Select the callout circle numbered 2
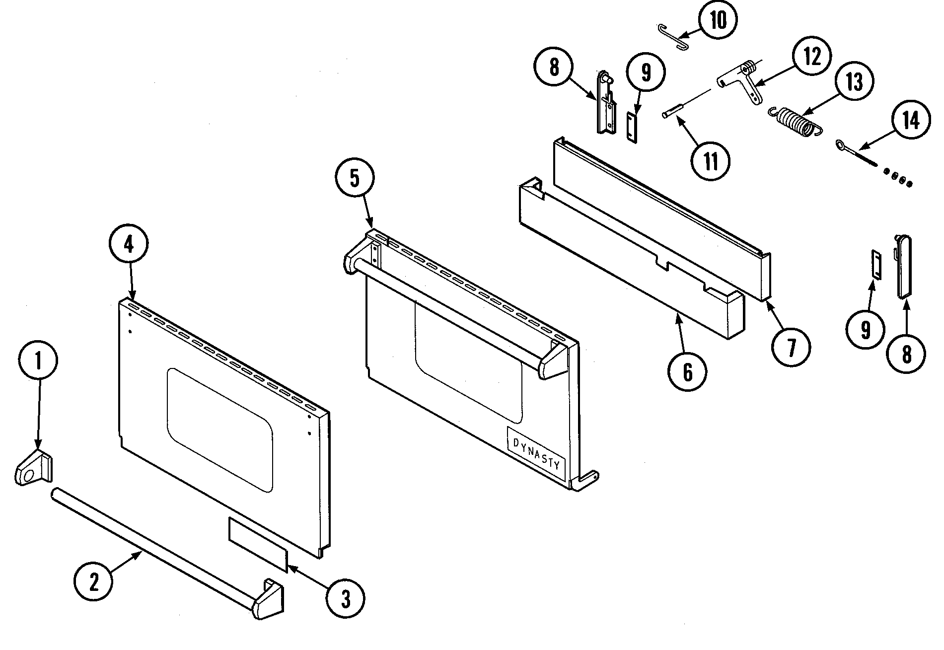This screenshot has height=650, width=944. [93, 582]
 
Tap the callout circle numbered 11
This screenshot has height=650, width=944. [711, 161]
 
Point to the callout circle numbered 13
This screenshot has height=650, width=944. [854, 82]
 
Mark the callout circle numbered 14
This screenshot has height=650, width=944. [910, 121]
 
